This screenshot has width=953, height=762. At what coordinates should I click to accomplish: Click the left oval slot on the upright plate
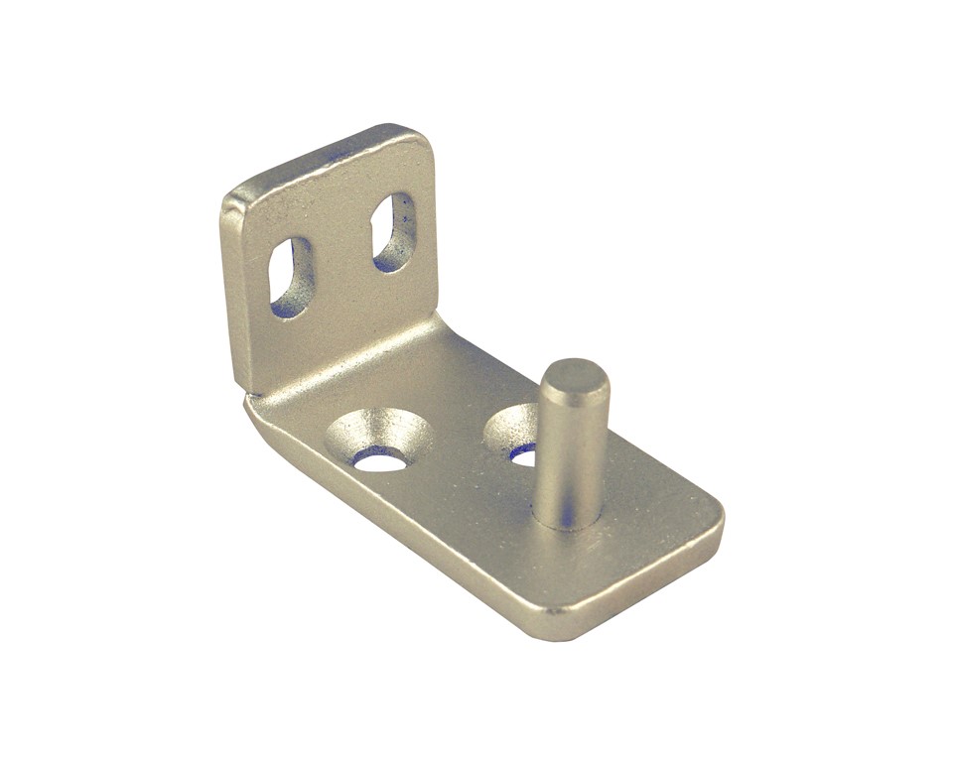tap(290, 277)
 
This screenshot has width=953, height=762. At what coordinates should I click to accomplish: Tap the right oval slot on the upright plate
tap(394, 232)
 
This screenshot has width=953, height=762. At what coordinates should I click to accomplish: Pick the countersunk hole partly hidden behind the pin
tap(516, 435)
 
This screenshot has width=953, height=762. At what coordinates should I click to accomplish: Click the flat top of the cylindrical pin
tap(575, 377)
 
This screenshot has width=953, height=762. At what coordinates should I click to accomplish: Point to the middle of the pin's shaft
tap(571, 446)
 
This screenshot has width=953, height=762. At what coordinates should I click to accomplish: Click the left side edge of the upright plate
tap(227, 298)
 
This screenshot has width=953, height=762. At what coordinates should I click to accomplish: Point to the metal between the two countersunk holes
tap(452, 437)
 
